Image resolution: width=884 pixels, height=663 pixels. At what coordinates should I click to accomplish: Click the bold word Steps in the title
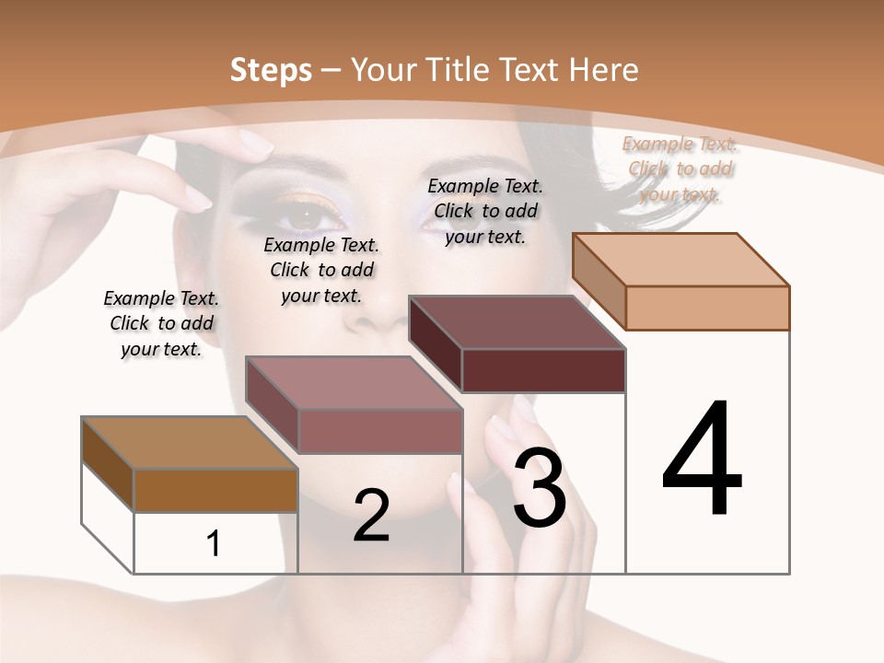pos(271,70)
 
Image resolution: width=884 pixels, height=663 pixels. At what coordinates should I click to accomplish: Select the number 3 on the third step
pos(540,488)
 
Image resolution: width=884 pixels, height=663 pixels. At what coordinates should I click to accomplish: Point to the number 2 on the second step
pos(371,517)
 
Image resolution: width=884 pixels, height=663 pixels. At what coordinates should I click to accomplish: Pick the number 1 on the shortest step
pos(213,544)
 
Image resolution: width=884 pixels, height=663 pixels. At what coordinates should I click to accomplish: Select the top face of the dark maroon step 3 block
pos(517,323)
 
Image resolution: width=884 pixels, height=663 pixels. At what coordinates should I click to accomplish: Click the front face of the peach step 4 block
pos(707,308)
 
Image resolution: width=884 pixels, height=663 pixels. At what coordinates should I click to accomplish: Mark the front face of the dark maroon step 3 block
pos(543,370)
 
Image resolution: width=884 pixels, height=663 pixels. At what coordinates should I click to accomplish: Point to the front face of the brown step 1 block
pos(215,490)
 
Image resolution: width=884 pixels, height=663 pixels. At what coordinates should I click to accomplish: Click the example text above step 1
pos(161,323)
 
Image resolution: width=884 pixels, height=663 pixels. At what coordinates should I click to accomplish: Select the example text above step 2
pos(321,270)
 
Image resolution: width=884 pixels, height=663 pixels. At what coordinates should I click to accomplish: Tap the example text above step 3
pos(485,211)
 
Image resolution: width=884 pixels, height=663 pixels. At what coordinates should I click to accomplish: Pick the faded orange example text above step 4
pos(680,169)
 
